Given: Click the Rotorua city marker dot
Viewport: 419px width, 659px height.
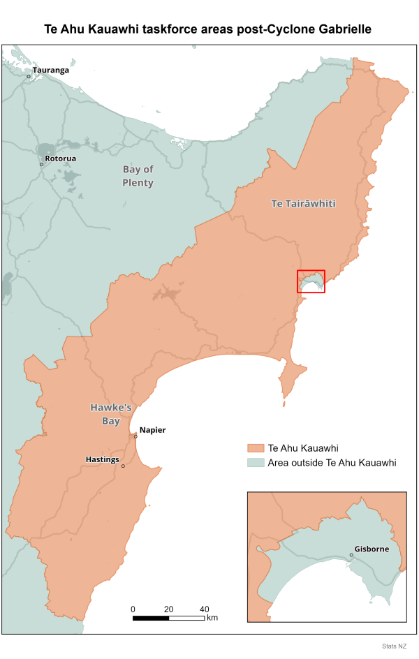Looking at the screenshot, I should [41, 165].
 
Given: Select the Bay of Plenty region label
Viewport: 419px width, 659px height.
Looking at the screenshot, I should [138, 176].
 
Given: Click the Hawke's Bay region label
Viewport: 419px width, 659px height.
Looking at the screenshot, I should [105, 414].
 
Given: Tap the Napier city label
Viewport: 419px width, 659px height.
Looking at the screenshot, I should [153, 430].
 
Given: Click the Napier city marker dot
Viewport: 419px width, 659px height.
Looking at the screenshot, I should [136, 436].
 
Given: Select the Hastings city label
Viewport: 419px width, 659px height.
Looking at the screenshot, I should [102, 459].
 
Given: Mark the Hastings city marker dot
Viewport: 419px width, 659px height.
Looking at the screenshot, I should [123, 466].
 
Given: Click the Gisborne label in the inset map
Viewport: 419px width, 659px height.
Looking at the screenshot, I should [372, 549].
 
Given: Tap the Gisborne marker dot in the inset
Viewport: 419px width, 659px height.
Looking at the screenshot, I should [351, 556].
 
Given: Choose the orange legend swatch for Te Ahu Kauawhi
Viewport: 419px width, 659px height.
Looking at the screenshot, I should [256, 447].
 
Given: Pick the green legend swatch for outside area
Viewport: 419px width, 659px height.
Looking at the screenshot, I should [256, 462].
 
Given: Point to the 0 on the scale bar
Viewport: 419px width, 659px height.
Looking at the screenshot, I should [133, 609].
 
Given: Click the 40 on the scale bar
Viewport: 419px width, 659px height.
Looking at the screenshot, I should [205, 609].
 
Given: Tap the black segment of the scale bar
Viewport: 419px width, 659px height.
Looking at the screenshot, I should [150, 618].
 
